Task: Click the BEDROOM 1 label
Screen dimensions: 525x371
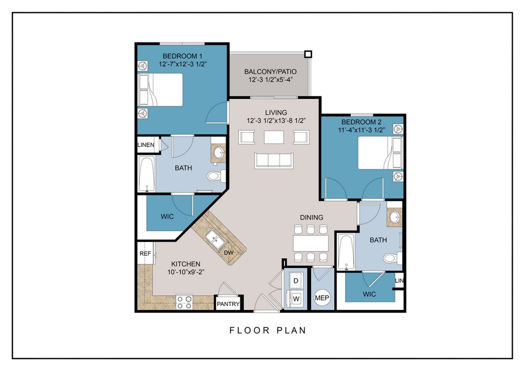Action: [183, 56]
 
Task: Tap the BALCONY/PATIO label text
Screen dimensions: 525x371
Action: [270, 72]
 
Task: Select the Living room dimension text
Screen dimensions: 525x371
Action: [276, 121]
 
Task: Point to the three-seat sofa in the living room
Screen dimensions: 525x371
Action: [274, 160]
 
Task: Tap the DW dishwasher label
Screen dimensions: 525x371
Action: [228, 253]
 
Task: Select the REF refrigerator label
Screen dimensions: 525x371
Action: [145, 254]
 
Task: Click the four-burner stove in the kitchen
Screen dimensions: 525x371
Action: [185, 302]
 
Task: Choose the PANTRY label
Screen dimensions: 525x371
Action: [228, 304]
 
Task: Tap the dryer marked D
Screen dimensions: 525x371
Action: [296, 280]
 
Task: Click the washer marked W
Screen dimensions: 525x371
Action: [296, 298]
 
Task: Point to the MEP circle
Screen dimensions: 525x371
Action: [322, 298]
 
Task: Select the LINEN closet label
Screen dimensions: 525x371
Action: [146, 145]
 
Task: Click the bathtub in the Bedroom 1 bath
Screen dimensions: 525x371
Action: [147, 174]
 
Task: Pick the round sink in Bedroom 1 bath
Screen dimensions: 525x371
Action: [218, 154]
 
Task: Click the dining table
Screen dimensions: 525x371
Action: [311, 243]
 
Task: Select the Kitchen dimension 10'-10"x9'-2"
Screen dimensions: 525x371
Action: [186, 272]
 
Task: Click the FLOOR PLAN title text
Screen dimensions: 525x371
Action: [268, 331]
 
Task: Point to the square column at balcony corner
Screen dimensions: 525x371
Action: [308, 54]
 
